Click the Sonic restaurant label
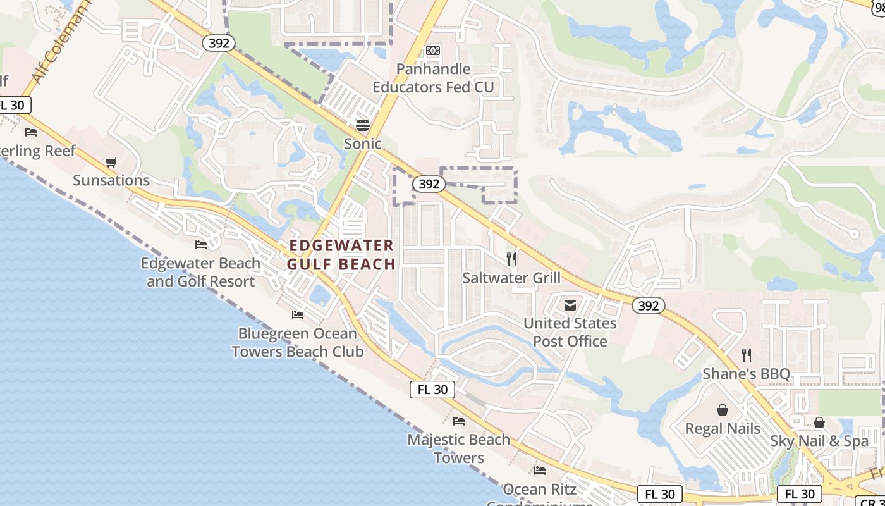pyautogui.click(x=362, y=144)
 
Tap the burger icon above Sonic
pyautogui.click(x=362, y=124)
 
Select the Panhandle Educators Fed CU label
pyautogui.click(x=433, y=78)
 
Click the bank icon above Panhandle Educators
pyautogui.click(x=433, y=51)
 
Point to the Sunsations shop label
pyautogui.click(x=111, y=180)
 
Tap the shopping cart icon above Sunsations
pyautogui.click(x=111, y=163)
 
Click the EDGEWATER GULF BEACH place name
pyautogui.click(x=341, y=254)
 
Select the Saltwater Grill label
pyautogui.click(x=511, y=278)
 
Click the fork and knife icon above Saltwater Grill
pyautogui.click(x=511, y=259)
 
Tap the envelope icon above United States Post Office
pyautogui.click(x=570, y=305)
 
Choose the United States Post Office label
pyautogui.click(x=570, y=332)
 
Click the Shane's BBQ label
pyautogui.click(x=747, y=374)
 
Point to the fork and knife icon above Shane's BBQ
pyautogui.click(x=747, y=355)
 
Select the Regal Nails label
pyautogui.click(x=723, y=428)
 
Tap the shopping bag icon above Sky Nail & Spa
pyautogui.click(x=819, y=423)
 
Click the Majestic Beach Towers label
pyautogui.click(x=459, y=448)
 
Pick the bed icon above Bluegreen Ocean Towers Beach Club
pyautogui.click(x=298, y=315)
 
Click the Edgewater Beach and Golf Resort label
pyautogui.click(x=200, y=272)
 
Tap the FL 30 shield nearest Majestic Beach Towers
pyautogui.click(x=432, y=390)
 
